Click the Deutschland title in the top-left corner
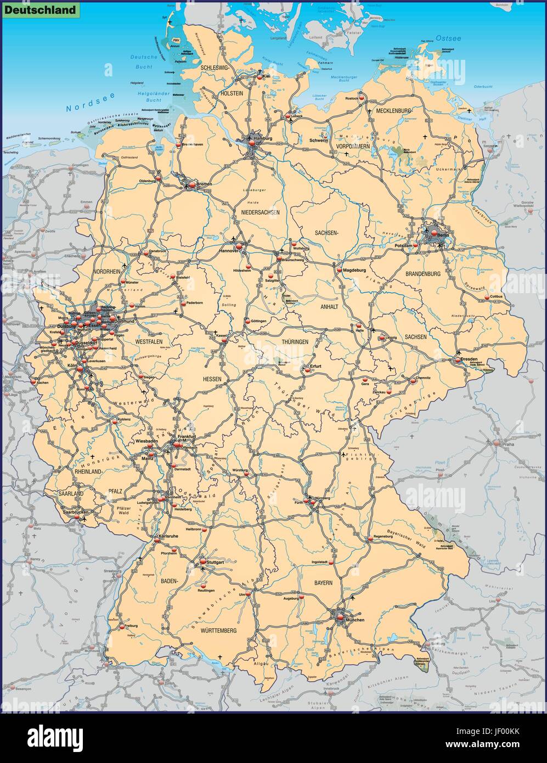point(41,9)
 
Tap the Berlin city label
point(443,235)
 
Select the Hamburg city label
point(262,138)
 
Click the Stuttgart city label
point(214,562)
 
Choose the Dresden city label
point(469,359)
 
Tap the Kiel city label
point(267,76)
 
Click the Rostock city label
point(351,98)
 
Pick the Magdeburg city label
point(354,270)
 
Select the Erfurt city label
point(315,366)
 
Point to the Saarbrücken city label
point(75,512)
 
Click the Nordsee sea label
point(83,103)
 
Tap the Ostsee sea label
point(448,38)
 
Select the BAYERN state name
point(324,581)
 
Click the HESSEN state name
point(212,379)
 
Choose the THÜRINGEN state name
point(295,341)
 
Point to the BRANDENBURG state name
point(423,273)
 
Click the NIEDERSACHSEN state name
point(260,212)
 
